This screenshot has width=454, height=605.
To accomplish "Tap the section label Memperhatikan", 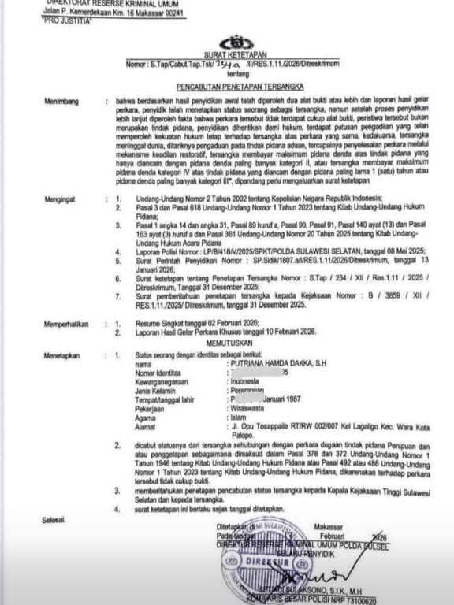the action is [69, 323].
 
